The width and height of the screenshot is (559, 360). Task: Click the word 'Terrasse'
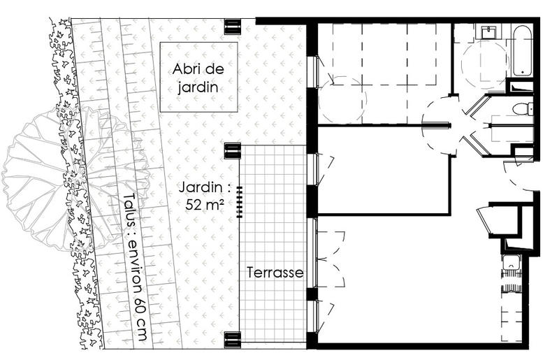(x=275, y=273)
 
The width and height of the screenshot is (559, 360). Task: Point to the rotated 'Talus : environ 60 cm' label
(x=135, y=267)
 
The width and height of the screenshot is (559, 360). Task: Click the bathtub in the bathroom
(x=522, y=51)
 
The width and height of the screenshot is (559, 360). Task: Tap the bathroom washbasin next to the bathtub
(x=487, y=32)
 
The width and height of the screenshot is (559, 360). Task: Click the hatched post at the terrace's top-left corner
(x=232, y=150)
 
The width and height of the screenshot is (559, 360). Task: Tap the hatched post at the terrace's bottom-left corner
(x=232, y=340)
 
